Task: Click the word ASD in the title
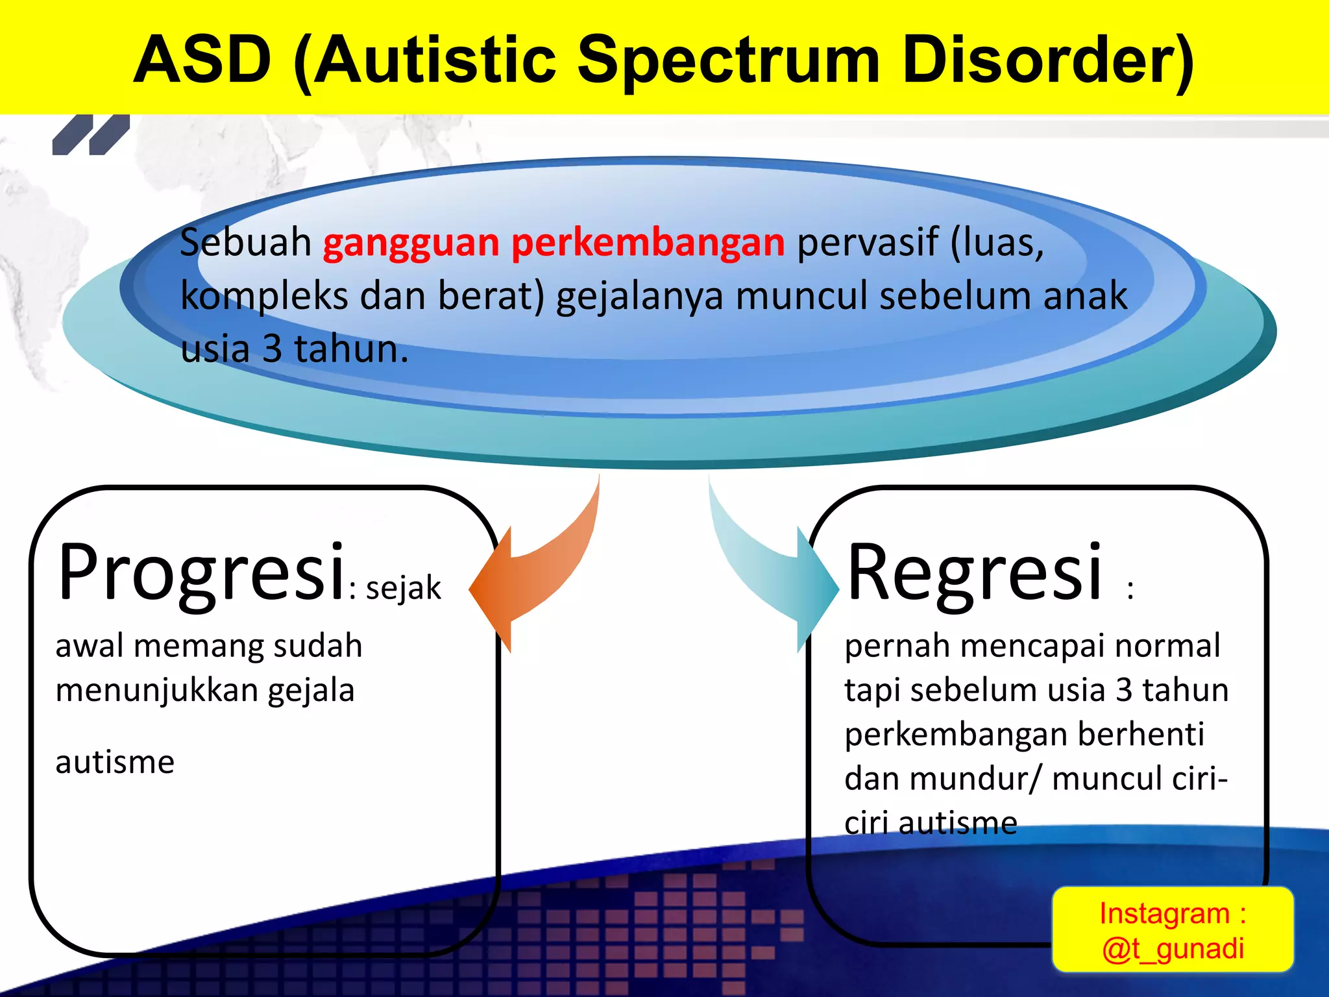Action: point(202,60)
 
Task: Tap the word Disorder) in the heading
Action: point(1047,61)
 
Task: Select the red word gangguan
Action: point(411,244)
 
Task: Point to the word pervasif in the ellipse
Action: point(867,244)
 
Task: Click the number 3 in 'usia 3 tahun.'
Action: point(272,349)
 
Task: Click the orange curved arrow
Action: point(539,578)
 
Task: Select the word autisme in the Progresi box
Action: point(115,762)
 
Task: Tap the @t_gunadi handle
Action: point(1173,948)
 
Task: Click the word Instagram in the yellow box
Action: point(1164,913)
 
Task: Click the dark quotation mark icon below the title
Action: point(91,135)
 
